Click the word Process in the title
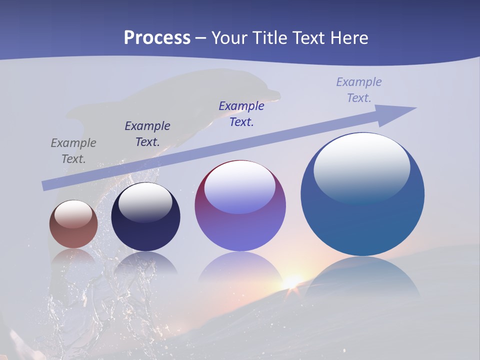tap(157, 37)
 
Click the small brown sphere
tap(73, 224)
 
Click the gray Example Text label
tap(73, 151)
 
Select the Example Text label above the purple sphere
tap(241, 114)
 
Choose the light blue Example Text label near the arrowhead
tap(359, 90)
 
